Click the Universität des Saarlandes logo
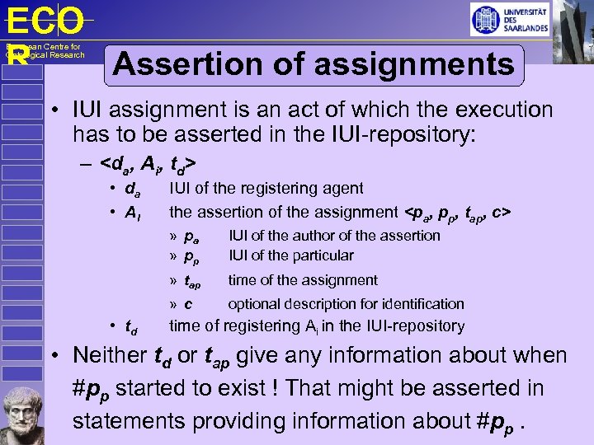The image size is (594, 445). point(509,19)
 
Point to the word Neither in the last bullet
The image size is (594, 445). point(108,356)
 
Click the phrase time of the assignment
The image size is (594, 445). point(303,280)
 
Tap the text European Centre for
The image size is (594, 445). point(43,47)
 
